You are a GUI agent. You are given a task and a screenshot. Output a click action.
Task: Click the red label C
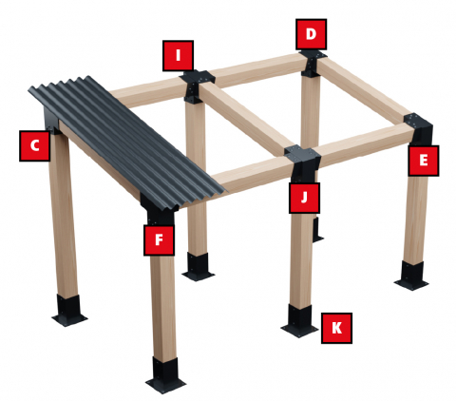tap(34, 146)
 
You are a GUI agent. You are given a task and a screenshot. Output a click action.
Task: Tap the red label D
tap(311, 34)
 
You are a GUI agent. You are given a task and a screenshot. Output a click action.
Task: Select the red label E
tap(424, 161)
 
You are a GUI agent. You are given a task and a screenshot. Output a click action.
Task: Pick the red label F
tap(159, 240)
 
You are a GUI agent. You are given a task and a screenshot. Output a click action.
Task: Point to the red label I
tap(178, 56)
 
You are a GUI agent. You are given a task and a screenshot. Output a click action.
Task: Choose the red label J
tap(304, 198)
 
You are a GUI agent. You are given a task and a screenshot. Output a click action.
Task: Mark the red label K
tap(336, 328)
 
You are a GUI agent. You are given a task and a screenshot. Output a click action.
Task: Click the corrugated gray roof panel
tap(126, 143)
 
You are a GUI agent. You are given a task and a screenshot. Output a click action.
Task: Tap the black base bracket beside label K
tap(299, 320)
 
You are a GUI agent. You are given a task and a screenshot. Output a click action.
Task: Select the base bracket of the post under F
tap(165, 374)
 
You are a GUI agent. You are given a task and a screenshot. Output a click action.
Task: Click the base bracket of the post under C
tap(69, 311)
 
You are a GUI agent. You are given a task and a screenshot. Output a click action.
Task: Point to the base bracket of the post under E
tap(411, 275)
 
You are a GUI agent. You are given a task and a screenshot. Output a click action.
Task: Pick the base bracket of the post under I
tap(199, 266)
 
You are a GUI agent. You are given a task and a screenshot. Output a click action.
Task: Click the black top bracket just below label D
tap(313, 63)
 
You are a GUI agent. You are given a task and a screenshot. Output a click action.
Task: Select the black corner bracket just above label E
tap(419, 128)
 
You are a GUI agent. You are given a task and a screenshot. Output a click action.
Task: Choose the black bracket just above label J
tap(302, 164)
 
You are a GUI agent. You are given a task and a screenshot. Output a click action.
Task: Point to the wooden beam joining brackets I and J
tap(245, 117)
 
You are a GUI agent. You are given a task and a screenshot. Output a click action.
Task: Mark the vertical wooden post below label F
tap(163, 307)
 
